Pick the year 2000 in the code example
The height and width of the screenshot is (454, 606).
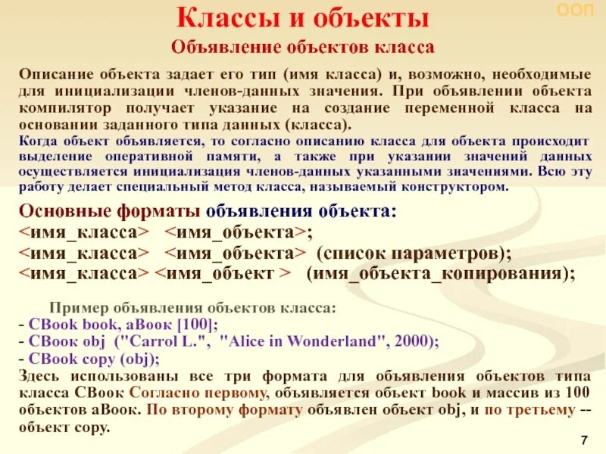[x=409, y=341]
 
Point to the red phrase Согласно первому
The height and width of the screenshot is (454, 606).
[x=198, y=393]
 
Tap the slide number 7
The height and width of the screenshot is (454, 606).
[x=583, y=440]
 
